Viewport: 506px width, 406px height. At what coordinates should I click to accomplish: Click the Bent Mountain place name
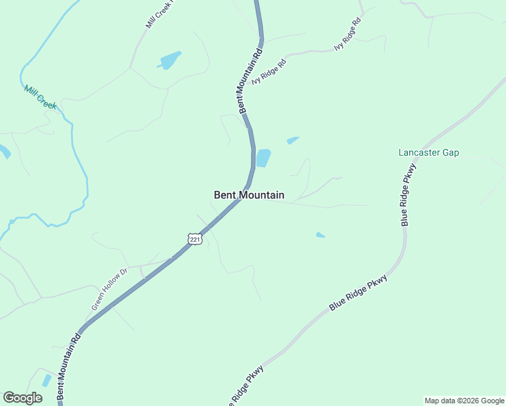click(249, 195)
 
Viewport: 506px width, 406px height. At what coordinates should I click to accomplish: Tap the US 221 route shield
click(195, 240)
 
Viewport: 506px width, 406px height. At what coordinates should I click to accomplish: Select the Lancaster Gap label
click(428, 152)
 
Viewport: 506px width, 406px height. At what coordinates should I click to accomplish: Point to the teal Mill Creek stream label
click(41, 97)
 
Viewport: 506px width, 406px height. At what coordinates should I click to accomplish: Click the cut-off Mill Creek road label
click(160, 14)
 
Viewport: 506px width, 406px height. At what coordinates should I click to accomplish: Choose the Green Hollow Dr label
click(110, 290)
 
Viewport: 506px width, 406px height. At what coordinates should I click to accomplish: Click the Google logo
click(22, 398)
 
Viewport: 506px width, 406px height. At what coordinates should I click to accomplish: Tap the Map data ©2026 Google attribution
click(464, 401)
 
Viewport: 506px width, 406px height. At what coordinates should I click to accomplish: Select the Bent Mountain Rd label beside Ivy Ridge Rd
click(248, 80)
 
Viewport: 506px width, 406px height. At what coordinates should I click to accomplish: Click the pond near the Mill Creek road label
click(170, 60)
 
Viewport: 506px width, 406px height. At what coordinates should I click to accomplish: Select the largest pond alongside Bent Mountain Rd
click(263, 158)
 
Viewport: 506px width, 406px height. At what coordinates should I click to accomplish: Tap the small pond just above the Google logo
click(46, 380)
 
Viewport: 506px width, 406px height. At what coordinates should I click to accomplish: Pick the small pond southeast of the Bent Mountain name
click(320, 235)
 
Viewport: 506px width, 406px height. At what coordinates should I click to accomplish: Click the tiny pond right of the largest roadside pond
click(292, 140)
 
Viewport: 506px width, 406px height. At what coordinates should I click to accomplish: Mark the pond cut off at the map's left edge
click(3, 152)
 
